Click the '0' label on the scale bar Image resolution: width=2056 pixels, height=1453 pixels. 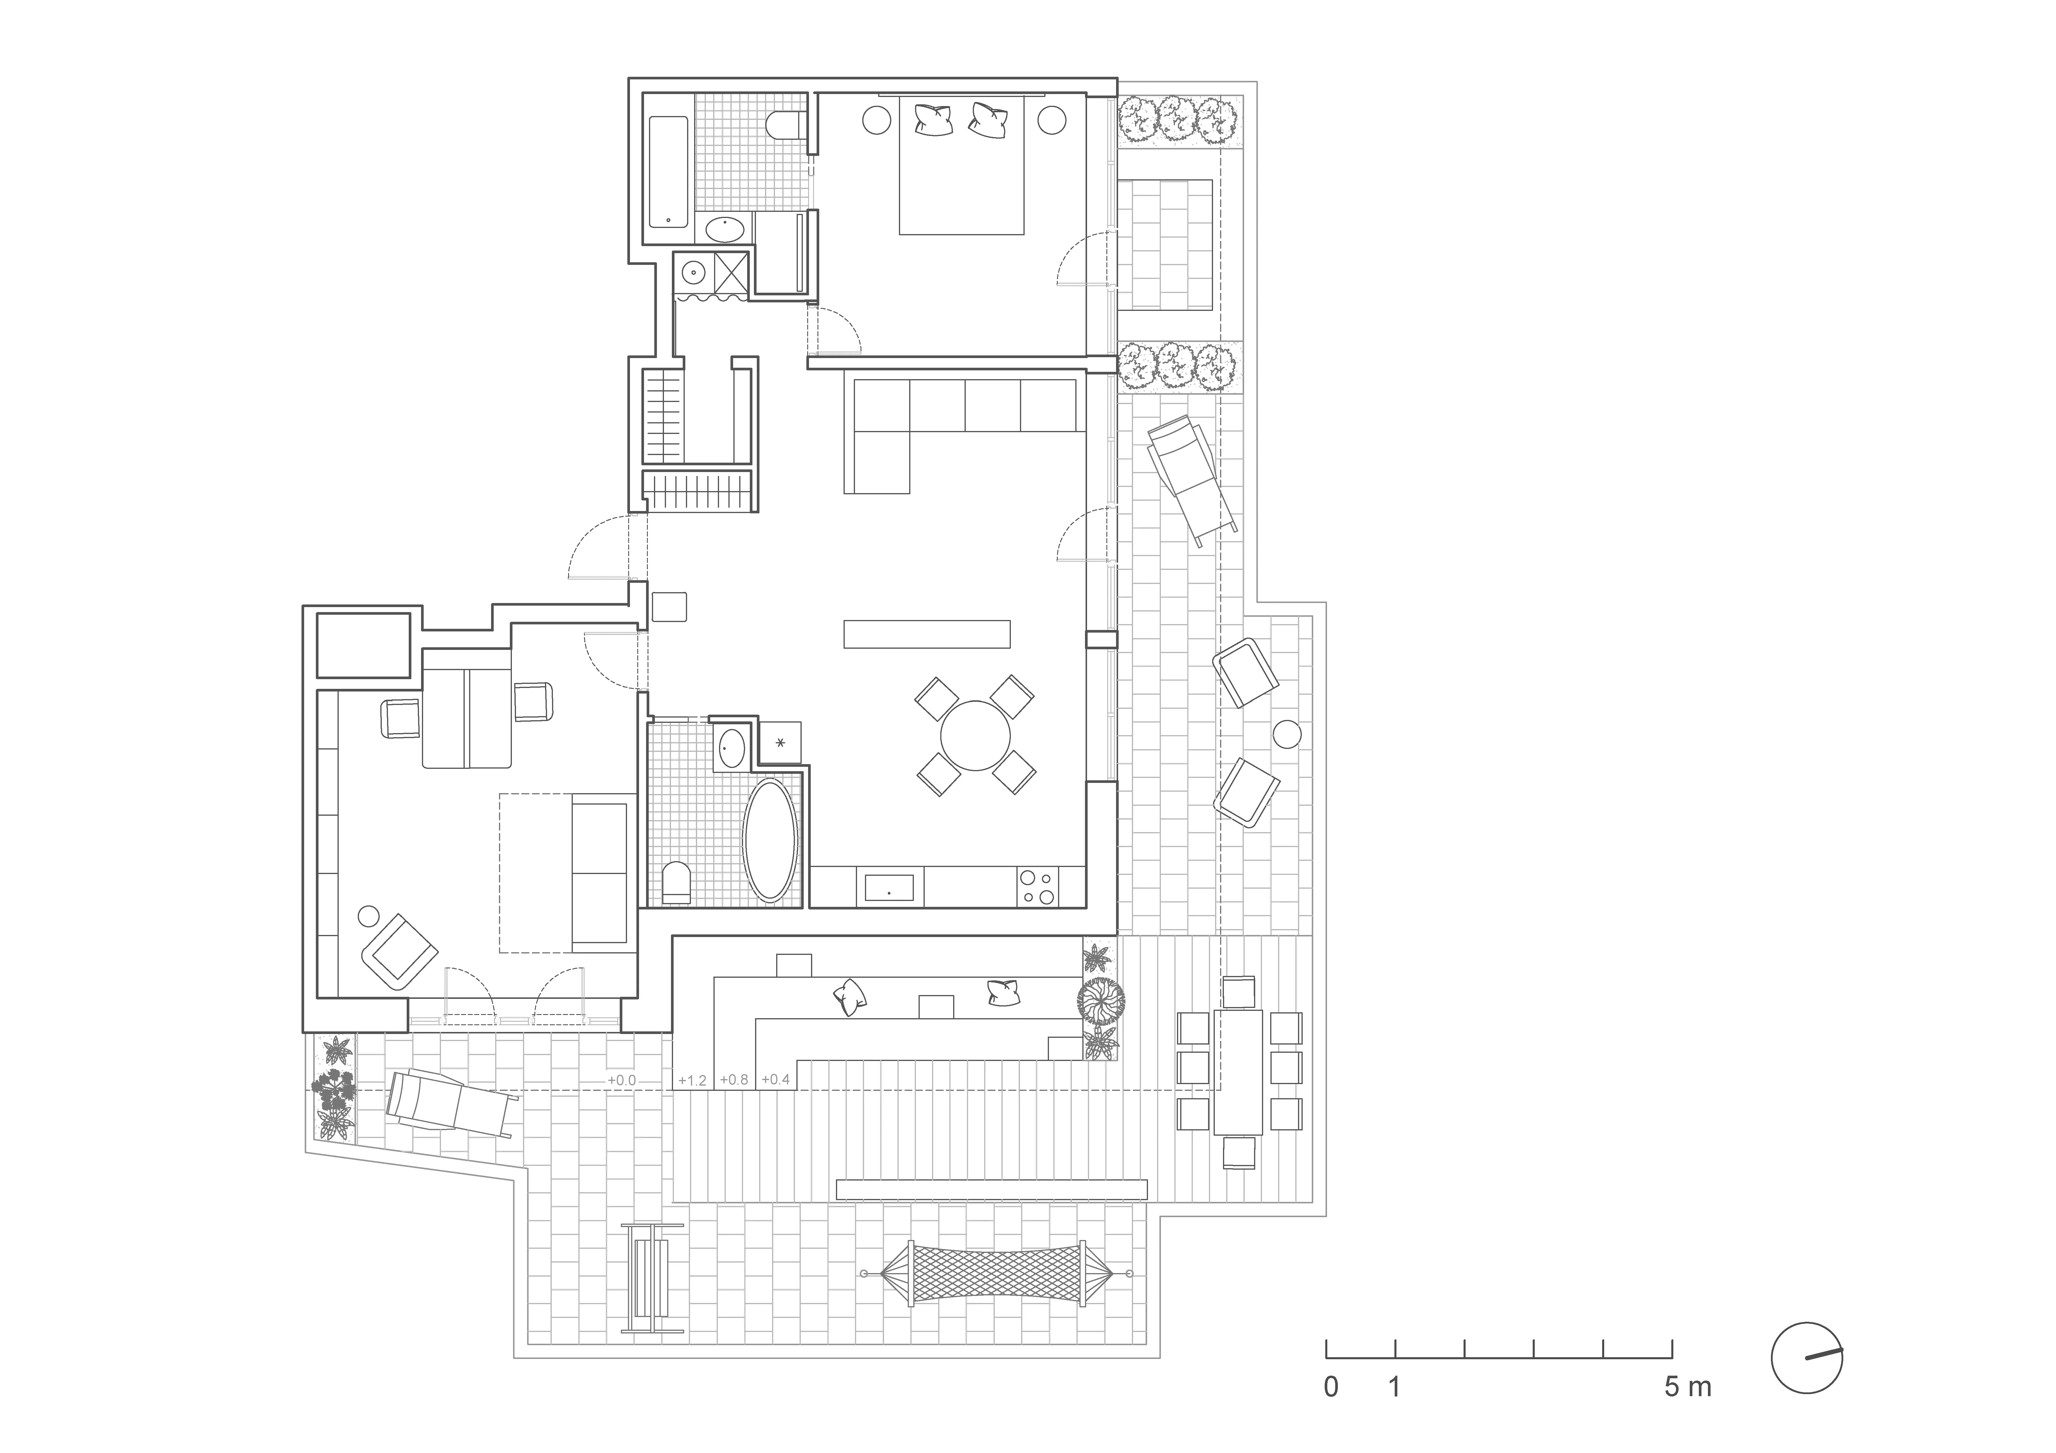[1332, 1388]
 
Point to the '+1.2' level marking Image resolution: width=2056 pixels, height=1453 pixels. [692, 1081]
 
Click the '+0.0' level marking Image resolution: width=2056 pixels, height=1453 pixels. [621, 1081]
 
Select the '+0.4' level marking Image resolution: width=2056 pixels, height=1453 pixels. [776, 1080]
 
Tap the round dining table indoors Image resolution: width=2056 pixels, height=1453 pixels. [975, 735]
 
